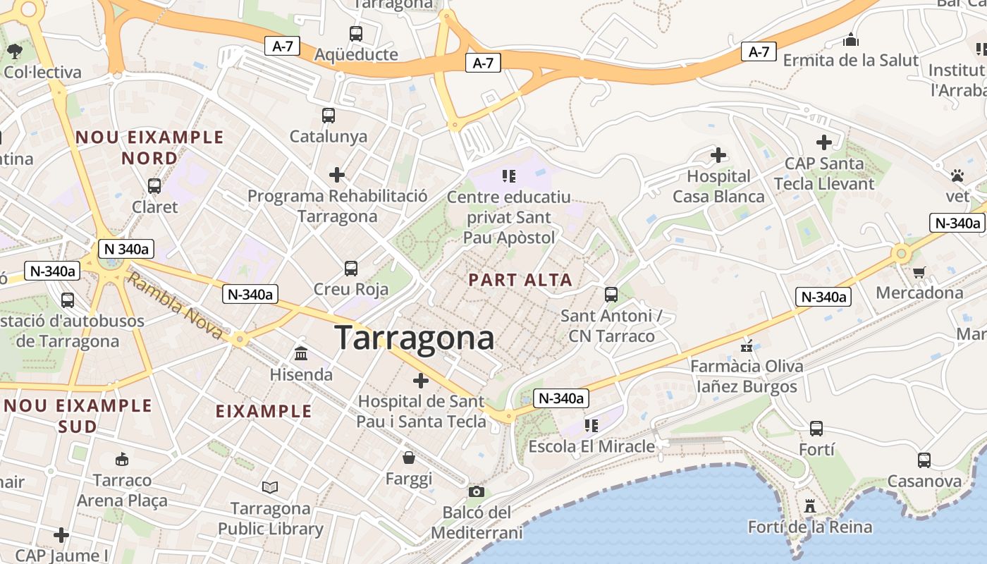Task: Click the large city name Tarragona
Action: click(x=414, y=338)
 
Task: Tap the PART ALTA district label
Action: click(x=520, y=280)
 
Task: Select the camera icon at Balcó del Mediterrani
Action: click(x=477, y=491)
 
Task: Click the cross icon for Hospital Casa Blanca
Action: click(x=718, y=154)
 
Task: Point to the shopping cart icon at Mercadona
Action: click(x=919, y=272)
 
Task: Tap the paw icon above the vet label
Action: click(x=957, y=175)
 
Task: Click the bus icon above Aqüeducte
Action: click(x=356, y=33)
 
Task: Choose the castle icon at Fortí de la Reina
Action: click(x=809, y=506)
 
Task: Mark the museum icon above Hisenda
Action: click(x=301, y=353)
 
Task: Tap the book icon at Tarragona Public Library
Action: click(x=269, y=487)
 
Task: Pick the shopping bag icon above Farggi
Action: click(x=409, y=458)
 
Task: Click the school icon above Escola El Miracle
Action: click(x=591, y=425)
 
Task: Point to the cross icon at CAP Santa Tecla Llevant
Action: click(x=823, y=142)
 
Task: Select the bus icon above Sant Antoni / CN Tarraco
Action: click(x=611, y=294)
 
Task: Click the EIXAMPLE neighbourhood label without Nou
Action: click(x=263, y=411)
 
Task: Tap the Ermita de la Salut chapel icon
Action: click(x=851, y=39)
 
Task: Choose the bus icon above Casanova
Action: click(x=924, y=460)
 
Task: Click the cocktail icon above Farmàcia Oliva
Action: click(x=747, y=345)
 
